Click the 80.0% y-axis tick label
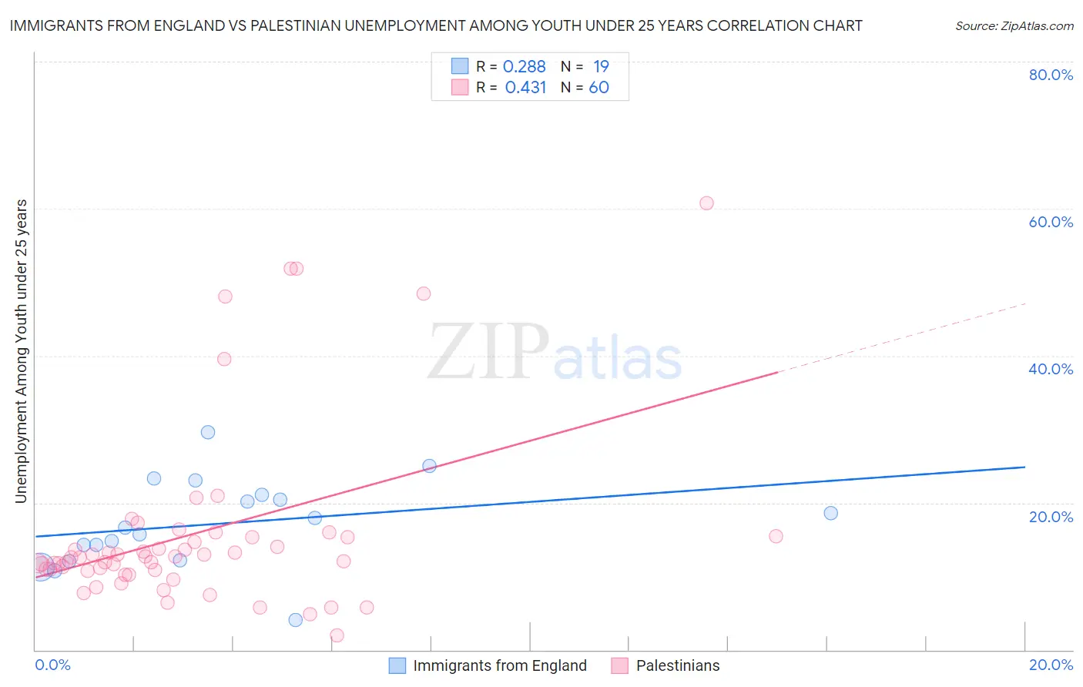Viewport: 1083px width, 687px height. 1051,75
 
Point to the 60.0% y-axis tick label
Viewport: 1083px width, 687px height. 1051,222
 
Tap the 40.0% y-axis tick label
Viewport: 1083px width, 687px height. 1051,369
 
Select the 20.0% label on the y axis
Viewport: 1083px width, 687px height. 1051,517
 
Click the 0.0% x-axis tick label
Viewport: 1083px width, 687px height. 52,665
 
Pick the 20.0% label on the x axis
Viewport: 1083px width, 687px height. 1051,665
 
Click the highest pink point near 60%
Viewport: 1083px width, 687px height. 706,203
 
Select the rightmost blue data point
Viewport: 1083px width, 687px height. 830,513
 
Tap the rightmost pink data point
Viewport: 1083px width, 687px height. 776,536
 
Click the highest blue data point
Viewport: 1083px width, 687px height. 208,432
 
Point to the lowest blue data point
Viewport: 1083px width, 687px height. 295,620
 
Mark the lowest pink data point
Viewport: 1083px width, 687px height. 337,635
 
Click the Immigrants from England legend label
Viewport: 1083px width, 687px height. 500,665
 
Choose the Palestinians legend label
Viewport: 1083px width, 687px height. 678,665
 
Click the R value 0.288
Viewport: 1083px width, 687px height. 524,67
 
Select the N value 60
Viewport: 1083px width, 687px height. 598,88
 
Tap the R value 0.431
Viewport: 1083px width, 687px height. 525,88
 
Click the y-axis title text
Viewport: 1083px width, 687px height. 22,351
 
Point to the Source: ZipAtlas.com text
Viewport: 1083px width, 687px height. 1014,26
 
